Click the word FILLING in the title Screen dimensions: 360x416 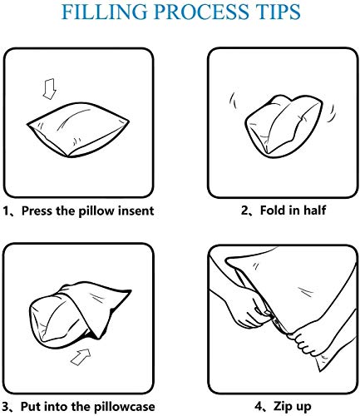[x=105, y=12]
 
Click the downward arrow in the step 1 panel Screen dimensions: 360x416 [x=50, y=89]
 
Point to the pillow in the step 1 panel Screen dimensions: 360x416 [x=78, y=130]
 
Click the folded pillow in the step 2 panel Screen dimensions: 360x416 [x=284, y=126]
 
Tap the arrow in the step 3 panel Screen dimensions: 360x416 [x=81, y=357]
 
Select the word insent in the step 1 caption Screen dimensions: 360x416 [x=136, y=210]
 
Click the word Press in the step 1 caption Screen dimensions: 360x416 [x=37, y=210]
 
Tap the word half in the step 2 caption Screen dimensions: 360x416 [x=315, y=210]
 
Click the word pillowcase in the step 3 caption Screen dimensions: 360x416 [x=124, y=407]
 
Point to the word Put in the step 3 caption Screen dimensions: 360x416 [x=31, y=407]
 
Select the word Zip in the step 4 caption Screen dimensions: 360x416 [x=282, y=407]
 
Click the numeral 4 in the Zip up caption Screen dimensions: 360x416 [x=259, y=407]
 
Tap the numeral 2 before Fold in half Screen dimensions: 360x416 [x=244, y=210]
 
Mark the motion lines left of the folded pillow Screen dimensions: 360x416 [x=234, y=101]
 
